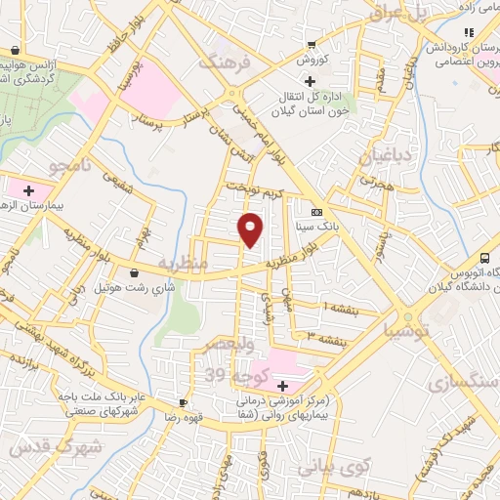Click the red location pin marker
(x=251, y=229)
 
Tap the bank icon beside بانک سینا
(x=315, y=212)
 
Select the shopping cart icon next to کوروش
(x=312, y=44)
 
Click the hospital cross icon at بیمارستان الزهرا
(x=29, y=189)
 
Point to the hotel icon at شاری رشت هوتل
(x=134, y=272)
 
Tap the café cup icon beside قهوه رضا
(x=183, y=402)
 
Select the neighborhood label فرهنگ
(x=226, y=62)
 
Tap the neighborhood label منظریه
(x=183, y=264)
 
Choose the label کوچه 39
(x=228, y=374)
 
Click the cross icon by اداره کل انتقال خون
(x=311, y=81)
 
